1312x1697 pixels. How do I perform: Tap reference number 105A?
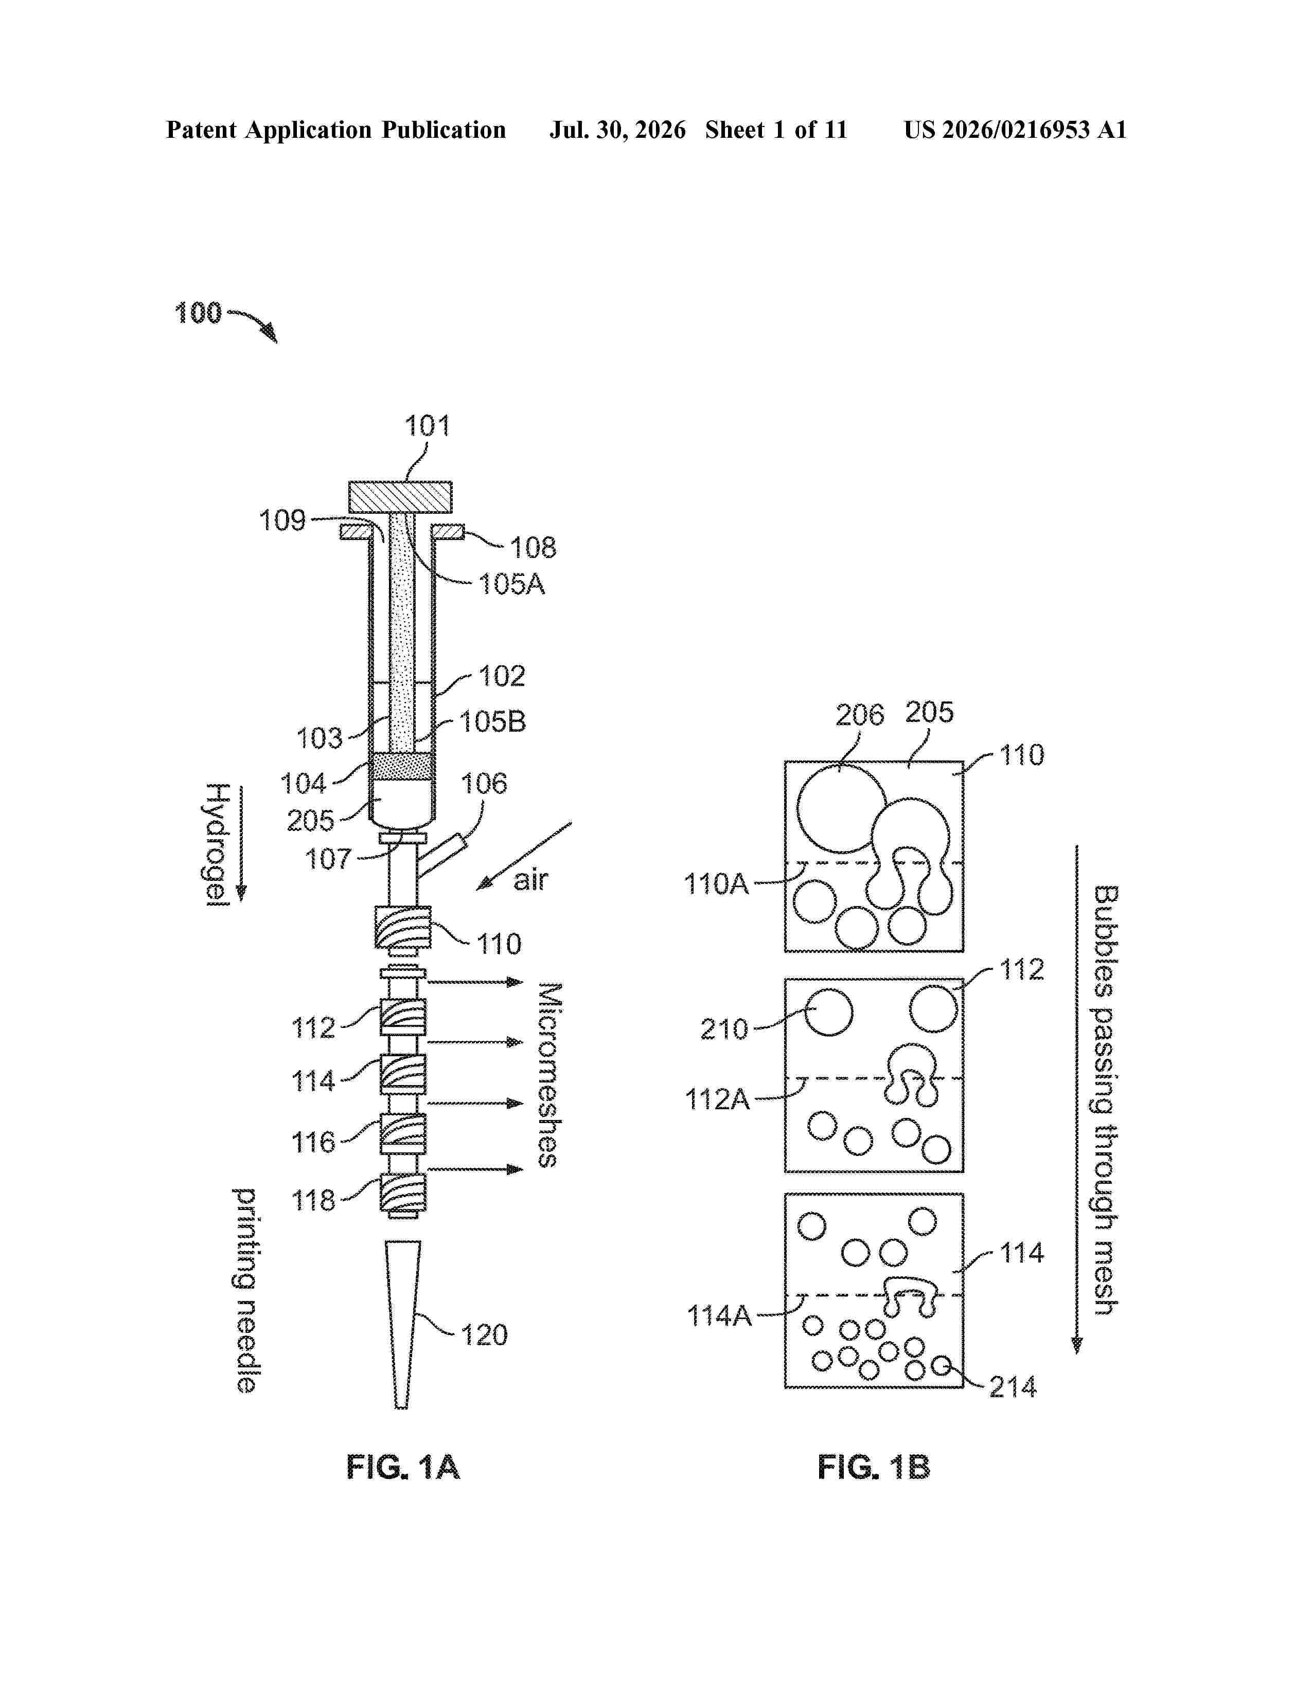tap(511, 584)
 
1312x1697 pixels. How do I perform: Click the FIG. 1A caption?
tap(403, 1468)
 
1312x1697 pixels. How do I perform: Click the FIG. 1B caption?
tap(874, 1468)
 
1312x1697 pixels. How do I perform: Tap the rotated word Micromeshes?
tap(549, 1075)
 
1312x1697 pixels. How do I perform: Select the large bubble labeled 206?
tap(842, 809)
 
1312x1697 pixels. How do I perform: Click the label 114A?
tap(719, 1315)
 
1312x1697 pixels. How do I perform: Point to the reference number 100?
tap(198, 313)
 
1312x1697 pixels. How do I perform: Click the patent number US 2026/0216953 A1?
tap(1015, 130)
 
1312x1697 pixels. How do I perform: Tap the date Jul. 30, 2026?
tap(618, 130)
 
